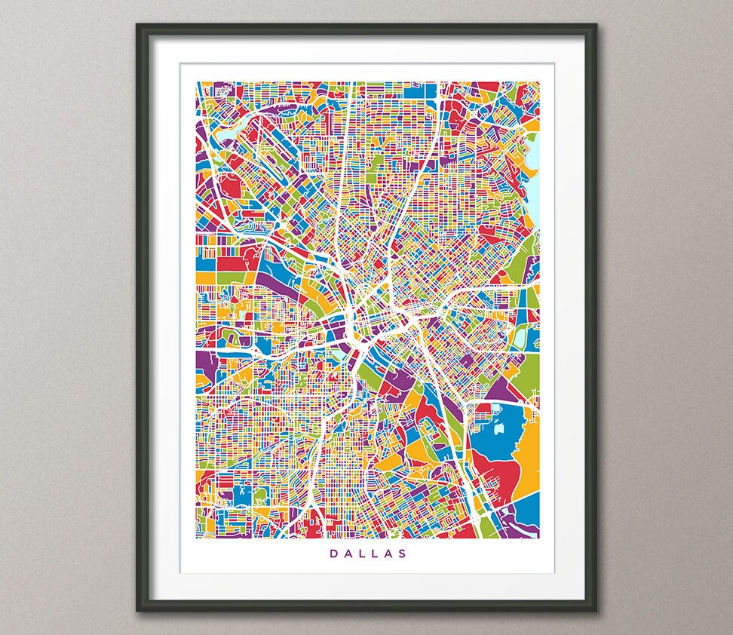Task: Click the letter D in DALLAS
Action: (332, 554)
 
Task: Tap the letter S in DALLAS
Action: (403, 554)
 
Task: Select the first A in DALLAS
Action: (346, 554)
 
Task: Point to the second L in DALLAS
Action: (375, 554)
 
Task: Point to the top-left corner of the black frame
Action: (138, 25)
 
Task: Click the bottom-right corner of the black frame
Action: (595, 609)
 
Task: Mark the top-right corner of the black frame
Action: (595, 25)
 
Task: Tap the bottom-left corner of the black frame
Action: (138, 609)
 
